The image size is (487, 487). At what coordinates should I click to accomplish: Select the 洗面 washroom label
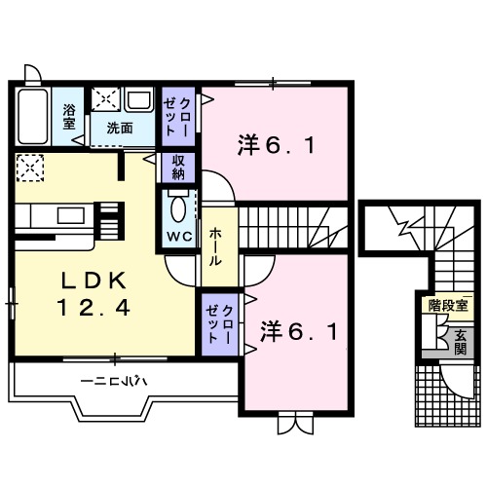pos(121,127)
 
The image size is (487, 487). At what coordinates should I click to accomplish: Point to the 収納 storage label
pos(178,167)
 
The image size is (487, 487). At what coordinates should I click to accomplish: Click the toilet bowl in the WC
pos(178,206)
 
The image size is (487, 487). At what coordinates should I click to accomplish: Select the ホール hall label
pos(215,245)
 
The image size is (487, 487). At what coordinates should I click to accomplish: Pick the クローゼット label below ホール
pos(219,321)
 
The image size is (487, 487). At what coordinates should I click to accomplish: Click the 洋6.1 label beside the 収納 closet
pos(275,147)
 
